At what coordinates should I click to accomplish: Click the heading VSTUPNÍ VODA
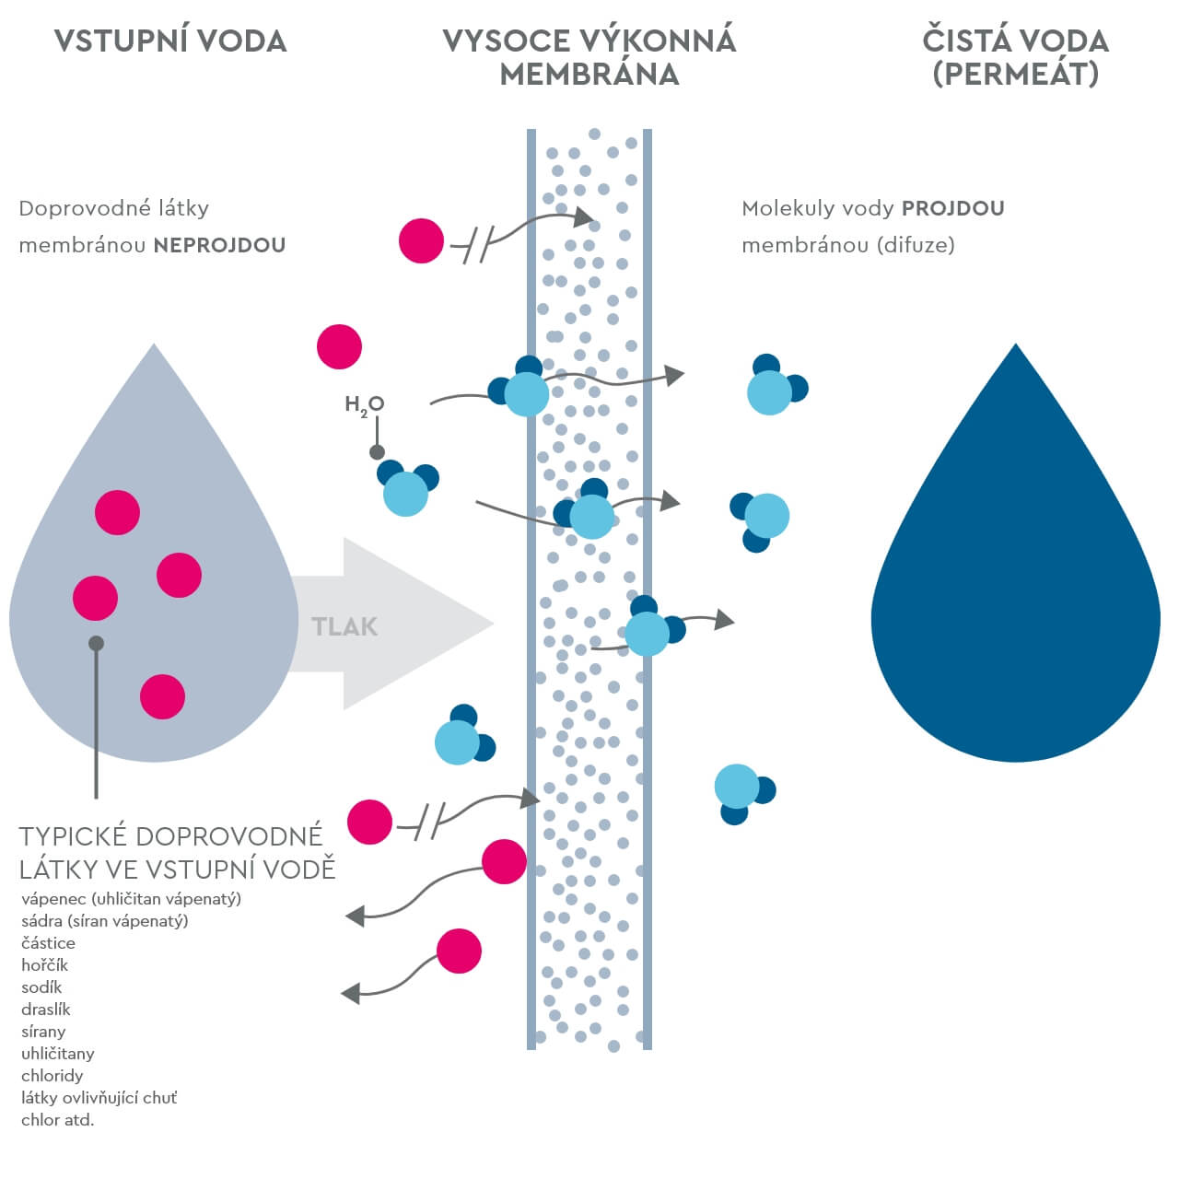tap(170, 41)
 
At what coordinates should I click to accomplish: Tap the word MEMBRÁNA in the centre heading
tap(589, 75)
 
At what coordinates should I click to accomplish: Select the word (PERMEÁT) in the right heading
tap(1015, 75)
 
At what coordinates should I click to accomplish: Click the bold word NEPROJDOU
tap(219, 245)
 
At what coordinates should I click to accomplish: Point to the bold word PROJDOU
tap(952, 208)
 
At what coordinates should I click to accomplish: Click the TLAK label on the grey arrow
tap(344, 627)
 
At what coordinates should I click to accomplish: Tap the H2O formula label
tap(364, 404)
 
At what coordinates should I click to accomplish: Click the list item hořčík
tap(45, 965)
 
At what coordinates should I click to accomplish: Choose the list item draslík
tap(46, 1010)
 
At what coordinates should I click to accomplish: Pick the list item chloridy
tap(53, 1076)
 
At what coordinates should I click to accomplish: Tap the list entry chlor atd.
tap(58, 1120)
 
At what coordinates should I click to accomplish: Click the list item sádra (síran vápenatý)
tap(104, 921)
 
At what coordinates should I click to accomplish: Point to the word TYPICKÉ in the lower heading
tap(73, 836)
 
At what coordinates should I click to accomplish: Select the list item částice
tap(49, 943)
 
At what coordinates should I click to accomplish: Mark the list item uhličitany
tap(58, 1054)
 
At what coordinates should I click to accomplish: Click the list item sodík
tap(41, 987)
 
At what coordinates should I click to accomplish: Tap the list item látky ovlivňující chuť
tap(99, 1098)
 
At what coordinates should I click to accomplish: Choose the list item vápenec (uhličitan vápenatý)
tap(131, 899)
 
